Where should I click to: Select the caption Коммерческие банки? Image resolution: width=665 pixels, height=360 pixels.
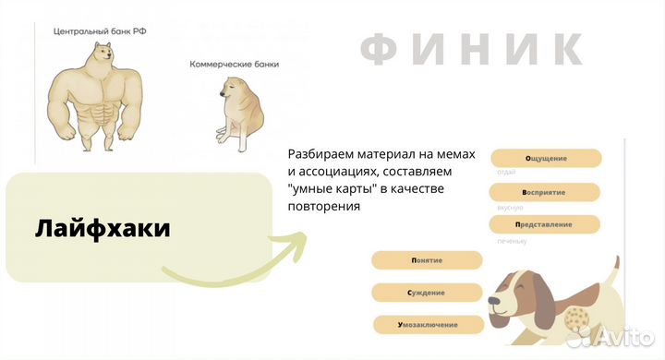(234, 65)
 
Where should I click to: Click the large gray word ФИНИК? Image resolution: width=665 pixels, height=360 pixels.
(471, 49)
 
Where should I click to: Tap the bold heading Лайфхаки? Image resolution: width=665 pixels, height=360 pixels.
(103, 229)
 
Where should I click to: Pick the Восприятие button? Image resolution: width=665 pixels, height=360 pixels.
(545, 192)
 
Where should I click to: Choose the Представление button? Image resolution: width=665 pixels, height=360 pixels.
(545, 224)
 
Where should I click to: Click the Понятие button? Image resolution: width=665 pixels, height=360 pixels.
(426, 260)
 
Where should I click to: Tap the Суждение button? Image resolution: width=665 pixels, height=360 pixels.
(426, 293)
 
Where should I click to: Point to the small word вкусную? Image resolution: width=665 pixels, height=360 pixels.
(510, 209)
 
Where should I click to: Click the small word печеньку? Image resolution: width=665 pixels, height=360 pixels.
(512, 241)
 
